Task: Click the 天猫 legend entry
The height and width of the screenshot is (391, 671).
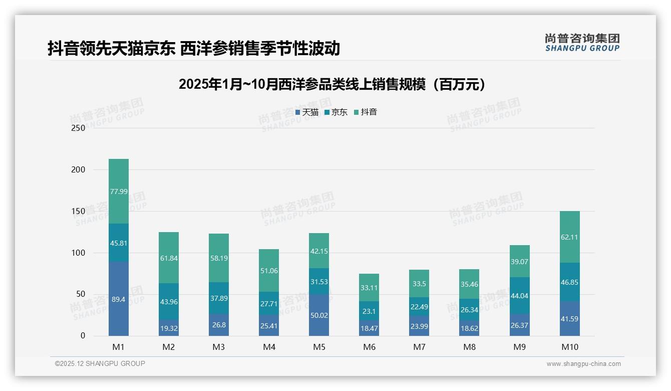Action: (x=307, y=112)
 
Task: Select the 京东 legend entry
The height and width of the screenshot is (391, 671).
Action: (x=336, y=112)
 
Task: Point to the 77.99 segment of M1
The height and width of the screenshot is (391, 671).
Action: (x=119, y=191)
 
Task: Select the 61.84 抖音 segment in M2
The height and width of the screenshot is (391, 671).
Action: (x=169, y=258)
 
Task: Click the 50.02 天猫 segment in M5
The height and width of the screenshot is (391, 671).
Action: (x=319, y=315)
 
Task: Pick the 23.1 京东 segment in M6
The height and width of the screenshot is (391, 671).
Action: (x=369, y=311)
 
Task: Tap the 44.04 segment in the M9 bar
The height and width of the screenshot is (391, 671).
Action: (x=519, y=296)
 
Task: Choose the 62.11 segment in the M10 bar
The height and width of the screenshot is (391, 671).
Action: (x=569, y=237)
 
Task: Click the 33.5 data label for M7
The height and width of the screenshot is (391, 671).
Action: (x=419, y=284)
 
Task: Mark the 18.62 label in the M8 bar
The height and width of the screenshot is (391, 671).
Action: (x=469, y=328)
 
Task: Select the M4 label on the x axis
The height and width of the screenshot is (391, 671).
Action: (x=269, y=347)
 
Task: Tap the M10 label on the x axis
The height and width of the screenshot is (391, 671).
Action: (x=569, y=347)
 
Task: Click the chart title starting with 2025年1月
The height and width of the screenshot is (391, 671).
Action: (x=332, y=84)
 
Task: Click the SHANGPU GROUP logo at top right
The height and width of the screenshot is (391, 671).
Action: (x=582, y=43)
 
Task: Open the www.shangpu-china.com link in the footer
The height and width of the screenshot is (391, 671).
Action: (x=583, y=364)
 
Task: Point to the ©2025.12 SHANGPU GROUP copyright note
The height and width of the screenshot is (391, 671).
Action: (x=100, y=363)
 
